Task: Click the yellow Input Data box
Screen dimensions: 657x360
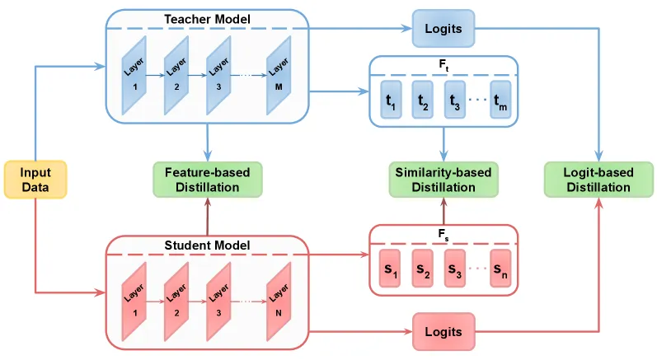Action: click(x=35, y=180)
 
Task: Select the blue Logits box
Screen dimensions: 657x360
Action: click(x=443, y=29)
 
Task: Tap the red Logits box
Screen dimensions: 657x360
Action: click(x=443, y=331)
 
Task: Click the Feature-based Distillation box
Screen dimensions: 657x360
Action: click(x=208, y=180)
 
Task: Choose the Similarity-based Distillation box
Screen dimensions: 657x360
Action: click(x=443, y=180)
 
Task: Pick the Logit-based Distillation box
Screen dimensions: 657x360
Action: click(x=598, y=180)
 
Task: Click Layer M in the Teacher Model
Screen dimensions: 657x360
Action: click(x=279, y=75)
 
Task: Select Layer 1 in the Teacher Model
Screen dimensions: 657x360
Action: click(x=134, y=75)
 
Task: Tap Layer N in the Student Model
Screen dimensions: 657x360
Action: click(x=279, y=302)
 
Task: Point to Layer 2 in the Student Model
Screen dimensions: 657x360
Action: click(x=176, y=302)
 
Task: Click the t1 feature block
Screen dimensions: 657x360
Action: click(x=391, y=100)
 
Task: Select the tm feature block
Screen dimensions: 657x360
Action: click(x=500, y=100)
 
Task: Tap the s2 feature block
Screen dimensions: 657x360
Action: click(x=422, y=269)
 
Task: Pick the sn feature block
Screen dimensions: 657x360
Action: click(x=500, y=269)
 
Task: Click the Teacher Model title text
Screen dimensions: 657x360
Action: click(x=208, y=19)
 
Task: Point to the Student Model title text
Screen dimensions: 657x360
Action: click(x=208, y=245)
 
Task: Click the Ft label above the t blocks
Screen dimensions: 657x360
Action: click(x=443, y=65)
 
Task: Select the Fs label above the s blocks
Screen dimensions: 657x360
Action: click(x=443, y=235)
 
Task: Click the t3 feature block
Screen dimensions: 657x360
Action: click(x=454, y=100)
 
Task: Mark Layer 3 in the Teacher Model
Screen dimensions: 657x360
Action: click(x=218, y=75)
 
